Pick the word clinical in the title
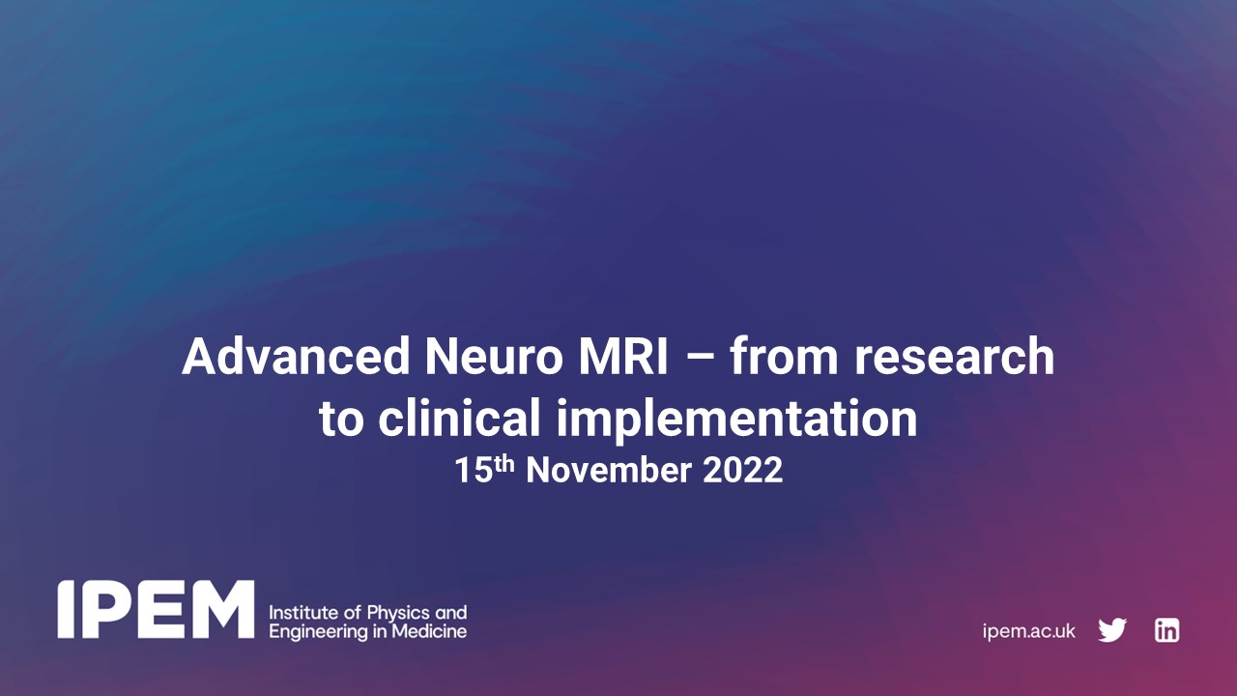pos(457,419)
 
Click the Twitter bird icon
pos(1112,631)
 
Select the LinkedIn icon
pos(1166,631)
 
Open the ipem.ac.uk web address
pos(1028,631)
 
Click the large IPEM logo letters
pos(156,610)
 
